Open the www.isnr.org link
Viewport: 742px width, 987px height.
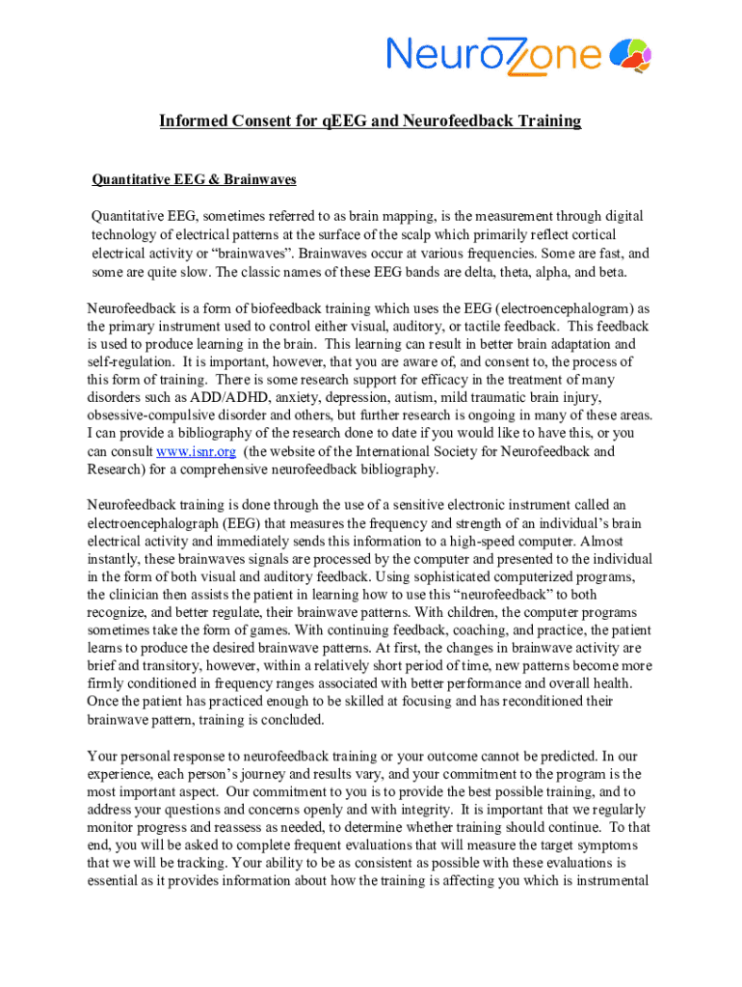pyautogui.click(x=196, y=451)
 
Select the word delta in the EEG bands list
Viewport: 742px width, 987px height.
pyautogui.click(x=479, y=272)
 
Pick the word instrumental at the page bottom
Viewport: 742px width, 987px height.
pyautogui.click(x=605, y=882)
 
